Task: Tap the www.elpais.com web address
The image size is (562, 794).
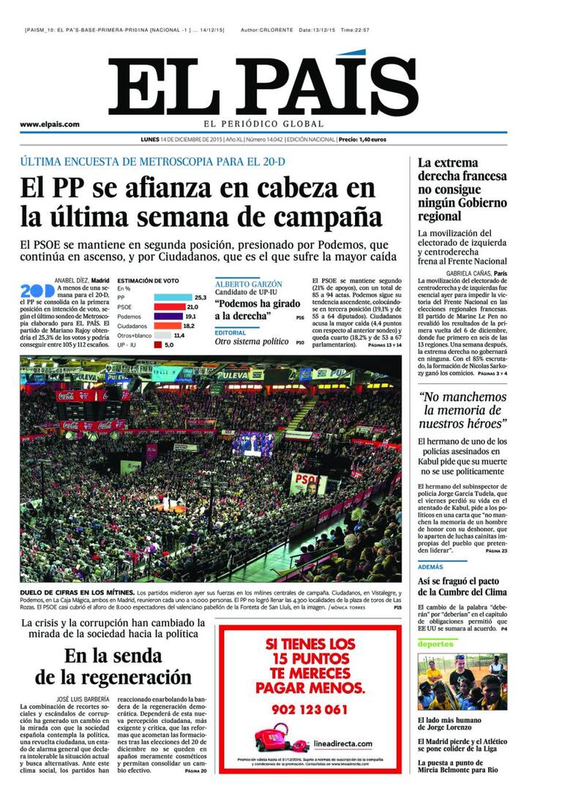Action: tap(50, 124)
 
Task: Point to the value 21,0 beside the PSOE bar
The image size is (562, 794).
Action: tap(192, 307)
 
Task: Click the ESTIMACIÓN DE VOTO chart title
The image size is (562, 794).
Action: tap(148, 280)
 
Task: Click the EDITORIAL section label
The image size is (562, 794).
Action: tap(230, 332)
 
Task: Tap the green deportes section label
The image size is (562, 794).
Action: tap(435, 643)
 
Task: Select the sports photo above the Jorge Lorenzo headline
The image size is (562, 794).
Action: tap(462, 682)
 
